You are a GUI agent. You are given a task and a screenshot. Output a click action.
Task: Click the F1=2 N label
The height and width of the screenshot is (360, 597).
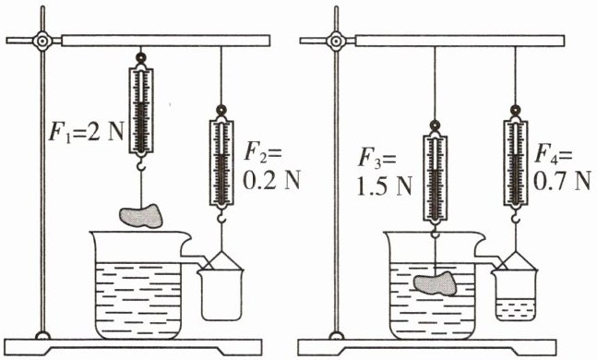coord(86,132)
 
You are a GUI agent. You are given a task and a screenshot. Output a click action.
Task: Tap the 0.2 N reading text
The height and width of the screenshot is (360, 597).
coord(271,180)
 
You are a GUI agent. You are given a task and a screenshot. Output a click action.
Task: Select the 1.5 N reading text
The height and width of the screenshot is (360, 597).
coord(385,186)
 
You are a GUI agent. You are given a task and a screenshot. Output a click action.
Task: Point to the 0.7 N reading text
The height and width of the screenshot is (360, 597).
coord(562,181)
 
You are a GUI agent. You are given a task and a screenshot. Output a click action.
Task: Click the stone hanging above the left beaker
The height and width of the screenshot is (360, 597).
coord(141,216)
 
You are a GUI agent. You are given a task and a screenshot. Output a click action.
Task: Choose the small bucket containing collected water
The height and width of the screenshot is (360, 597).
coord(516,294)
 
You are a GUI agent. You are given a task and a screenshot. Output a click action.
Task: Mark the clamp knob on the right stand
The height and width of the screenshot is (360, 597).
coord(336,41)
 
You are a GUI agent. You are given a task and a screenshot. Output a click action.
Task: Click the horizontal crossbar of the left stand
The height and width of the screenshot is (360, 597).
coord(165,41)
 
